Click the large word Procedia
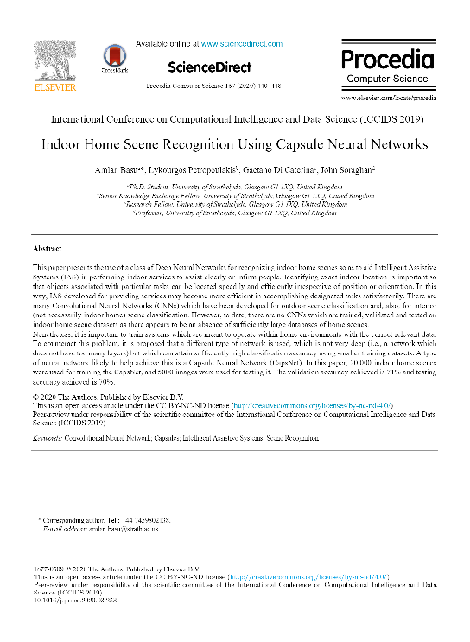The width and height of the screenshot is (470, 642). point(385,60)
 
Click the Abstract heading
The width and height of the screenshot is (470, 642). point(48,248)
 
